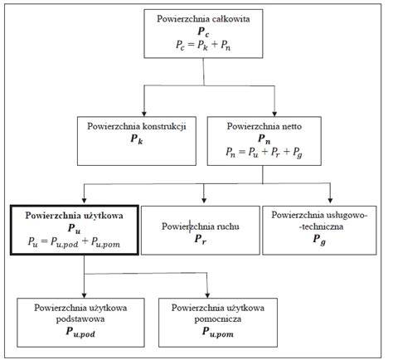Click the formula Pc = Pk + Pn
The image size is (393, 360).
(203, 45)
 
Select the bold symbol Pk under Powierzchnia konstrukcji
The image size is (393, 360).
(137, 139)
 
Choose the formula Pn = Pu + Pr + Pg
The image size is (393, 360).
(264, 153)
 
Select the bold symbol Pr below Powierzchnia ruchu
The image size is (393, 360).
(200, 239)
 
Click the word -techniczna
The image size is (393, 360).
(319, 226)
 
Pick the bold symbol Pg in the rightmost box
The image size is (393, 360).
(319, 239)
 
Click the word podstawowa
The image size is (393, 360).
(80, 319)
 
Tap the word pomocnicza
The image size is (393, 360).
(218, 319)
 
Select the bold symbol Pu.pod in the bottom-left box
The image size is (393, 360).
(80, 332)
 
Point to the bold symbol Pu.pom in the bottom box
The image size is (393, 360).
(218, 332)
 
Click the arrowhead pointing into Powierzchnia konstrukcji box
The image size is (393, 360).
(143, 114)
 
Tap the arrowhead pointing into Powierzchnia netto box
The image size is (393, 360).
(274, 114)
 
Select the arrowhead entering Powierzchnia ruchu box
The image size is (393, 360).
(204, 201)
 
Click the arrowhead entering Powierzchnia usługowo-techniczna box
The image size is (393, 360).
(330, 201)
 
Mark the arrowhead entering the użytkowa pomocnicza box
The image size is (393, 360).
(207, 295)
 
